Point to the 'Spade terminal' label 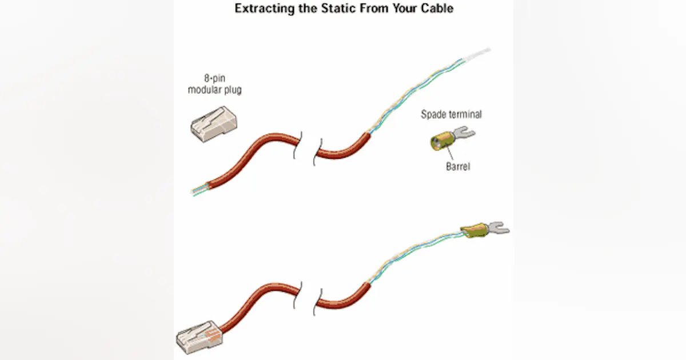pos(451,114)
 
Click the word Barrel pos(457,167)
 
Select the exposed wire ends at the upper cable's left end pos(198,190)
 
